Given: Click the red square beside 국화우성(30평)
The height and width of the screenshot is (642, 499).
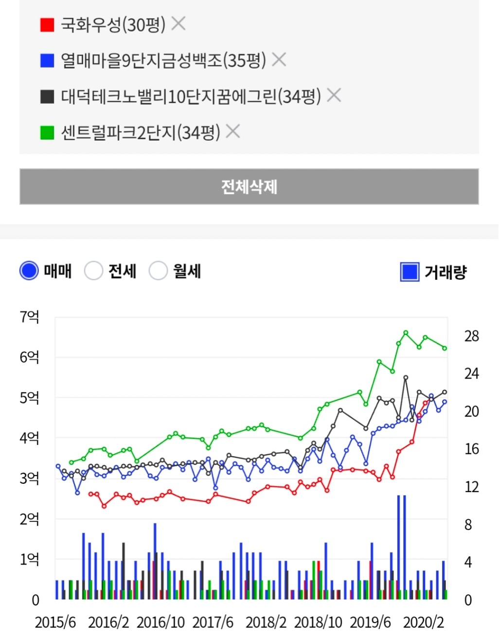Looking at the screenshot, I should pyautogui.click(x=47, y=24).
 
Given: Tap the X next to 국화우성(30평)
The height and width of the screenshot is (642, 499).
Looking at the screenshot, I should pyautogui.click(x=178, y=23).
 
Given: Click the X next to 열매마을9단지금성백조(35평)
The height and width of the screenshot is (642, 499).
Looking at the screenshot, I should pyautogui.click(x=279, y=59).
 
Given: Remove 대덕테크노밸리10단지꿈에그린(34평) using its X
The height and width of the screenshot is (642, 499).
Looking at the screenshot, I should pyautogui.click(x=334, y=95).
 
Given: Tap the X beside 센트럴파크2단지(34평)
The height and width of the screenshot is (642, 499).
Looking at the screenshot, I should pyautogui.click(x=233, y=131).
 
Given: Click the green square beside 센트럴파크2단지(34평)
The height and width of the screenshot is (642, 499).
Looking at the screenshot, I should pyautogui.click(x=47, y=132).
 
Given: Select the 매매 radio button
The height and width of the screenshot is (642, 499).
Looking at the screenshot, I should pyautogui.click(x=29, y=271).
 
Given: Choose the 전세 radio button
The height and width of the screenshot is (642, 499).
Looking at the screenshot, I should pyautogui.click(x=93, y=271).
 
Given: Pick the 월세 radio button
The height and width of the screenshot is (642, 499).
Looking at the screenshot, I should pyautogui.click(x=158, y=271).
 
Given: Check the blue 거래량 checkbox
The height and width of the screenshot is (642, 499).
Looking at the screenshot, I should pyautogui.click(x=410, y=272).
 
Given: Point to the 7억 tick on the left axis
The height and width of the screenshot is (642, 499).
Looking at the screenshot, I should pyautogui.click(x=29, y=317).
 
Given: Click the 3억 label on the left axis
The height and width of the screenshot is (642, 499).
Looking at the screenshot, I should pyautogui.click(x=29, y=478).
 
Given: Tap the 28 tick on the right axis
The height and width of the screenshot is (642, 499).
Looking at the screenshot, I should pyautogui.click(x=471, y=336).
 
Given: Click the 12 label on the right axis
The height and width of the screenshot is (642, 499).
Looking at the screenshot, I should pyautogui.click(x=471, y=487).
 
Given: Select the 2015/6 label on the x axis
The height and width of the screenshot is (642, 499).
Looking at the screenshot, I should pyautogui.click(x=55, y=622).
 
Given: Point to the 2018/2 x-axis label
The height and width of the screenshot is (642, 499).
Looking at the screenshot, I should pyautogui.click(x=266, y=622).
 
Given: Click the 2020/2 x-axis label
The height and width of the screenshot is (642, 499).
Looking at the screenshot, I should pyautogui.click(x=423, y=622).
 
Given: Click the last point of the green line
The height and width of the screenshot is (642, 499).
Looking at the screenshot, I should pyautogui.click(x=445, y=348).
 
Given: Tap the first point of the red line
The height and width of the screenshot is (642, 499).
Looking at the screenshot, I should pyautogui.click(x=90, y=494).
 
